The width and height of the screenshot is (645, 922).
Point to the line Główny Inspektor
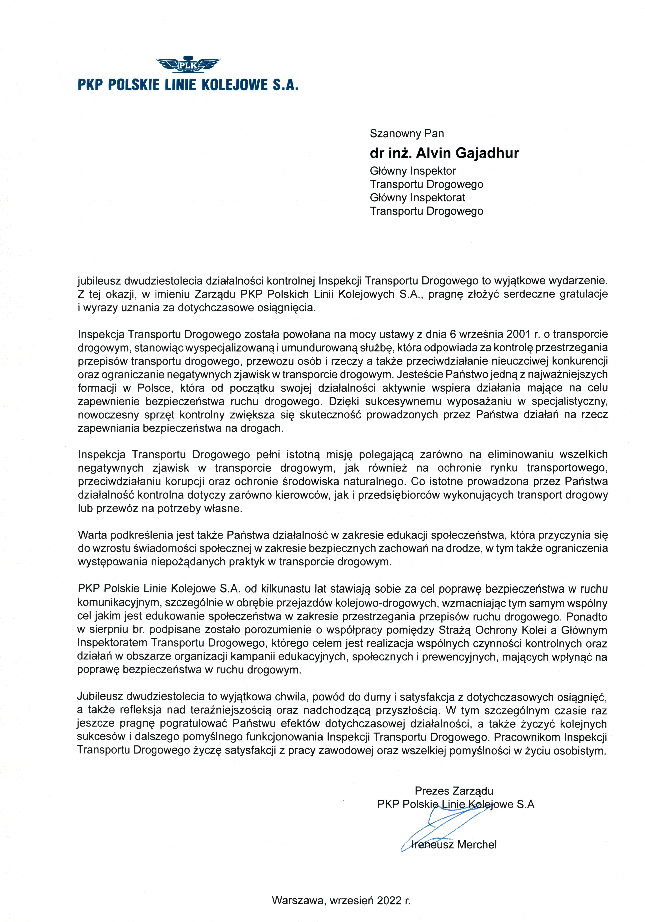click(x=412, y=171)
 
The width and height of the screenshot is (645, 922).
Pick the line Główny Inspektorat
click(x=417, y=198)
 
